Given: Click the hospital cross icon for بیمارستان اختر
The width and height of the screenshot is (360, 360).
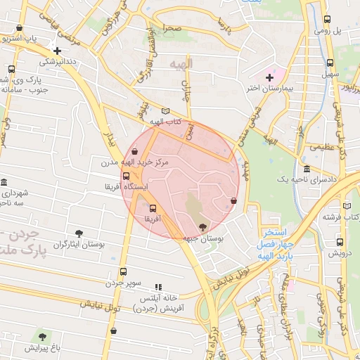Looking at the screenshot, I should pyautogui.click(x=269, y=77).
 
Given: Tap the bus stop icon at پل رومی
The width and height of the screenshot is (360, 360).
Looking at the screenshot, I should pyautogui.click(x=327, y=20).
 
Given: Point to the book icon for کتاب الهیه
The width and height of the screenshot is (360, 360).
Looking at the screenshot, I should pyautogui.click(x=166, y=111).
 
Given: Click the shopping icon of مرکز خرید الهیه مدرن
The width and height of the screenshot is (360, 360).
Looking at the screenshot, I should pyautogui.click(x=134, y=151).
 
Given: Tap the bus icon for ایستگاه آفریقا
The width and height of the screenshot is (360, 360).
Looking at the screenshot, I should pyautogui.click(x=126, y=176).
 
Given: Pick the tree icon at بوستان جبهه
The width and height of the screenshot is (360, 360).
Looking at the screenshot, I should pyautogui.click(x=203, y=227).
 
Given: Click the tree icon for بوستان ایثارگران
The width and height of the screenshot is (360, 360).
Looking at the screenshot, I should pyautogui.click(x=79, y=233).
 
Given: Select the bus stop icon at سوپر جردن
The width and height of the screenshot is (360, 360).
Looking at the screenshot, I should pyautogui.click(x=124, y=272).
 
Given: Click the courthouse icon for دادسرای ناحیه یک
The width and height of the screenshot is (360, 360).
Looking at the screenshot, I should pyautogui.click(x=307, y=169).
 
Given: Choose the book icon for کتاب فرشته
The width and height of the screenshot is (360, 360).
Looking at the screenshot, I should pyautogui.click(x=346, y=205).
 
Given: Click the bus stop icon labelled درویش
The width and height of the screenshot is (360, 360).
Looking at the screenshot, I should pyautogui.click(x=331, y=241).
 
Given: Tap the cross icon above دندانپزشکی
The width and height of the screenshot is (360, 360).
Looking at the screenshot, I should pyautogui.click(x=57, y=51).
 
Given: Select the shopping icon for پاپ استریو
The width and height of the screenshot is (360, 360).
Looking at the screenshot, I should pyautogui.click(x=18, y=27).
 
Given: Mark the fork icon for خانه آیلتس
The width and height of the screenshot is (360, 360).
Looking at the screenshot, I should pyautogui.click(x=158, y=287).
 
